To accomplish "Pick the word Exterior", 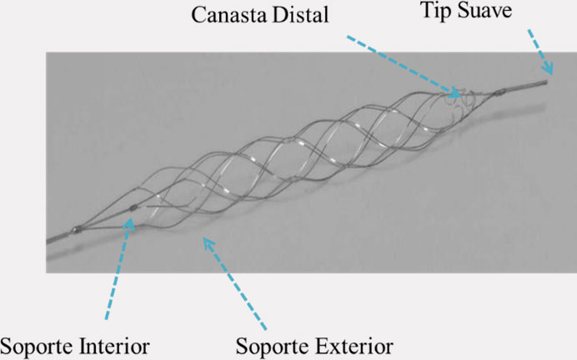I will tap(351, 344).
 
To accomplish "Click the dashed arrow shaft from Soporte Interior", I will tap(117, 271).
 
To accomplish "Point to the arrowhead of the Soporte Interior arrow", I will tap(129, 224).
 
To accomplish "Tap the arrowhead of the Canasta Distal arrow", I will tap(455, 89).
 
